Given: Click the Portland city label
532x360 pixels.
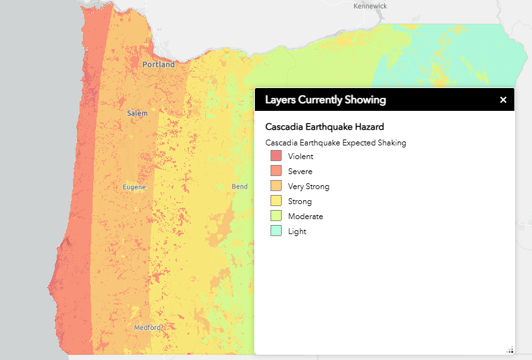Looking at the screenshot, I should (x=158, y=65).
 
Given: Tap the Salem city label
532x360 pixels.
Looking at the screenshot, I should (x=138, y=113).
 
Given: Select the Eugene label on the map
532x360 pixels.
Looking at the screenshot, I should (x=134, y=187).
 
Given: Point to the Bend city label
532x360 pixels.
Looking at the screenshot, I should (x=240, y=187).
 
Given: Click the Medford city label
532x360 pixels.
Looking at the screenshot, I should (x=147, y=327).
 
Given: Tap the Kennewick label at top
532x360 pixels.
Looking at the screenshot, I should (x=370, y=6).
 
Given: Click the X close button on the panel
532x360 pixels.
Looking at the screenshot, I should (x=503, y=100).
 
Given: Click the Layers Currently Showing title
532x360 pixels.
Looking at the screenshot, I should (x=325, y=100).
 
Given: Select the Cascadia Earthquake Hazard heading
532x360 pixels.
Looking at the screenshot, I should (x=325, y=127).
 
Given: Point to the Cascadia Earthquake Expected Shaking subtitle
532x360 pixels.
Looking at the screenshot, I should (x=336, y=143).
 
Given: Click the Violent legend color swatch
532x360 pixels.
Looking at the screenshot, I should (x=276, y=157).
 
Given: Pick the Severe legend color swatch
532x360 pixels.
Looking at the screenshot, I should (x=276, y=172).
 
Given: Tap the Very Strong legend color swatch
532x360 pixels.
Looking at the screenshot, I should (x=276, y=187).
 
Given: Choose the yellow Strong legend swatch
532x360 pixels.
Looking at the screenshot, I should (x=276, y=202).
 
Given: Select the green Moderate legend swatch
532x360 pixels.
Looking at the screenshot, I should (x=276, y=217).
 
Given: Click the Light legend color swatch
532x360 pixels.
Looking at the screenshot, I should (x=276, y=232).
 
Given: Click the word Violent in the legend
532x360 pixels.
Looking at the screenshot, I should (x=301, y=157).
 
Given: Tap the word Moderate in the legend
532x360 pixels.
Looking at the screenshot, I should (x=305, y=217).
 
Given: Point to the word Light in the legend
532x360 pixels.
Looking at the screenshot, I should (x=297, y=232).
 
